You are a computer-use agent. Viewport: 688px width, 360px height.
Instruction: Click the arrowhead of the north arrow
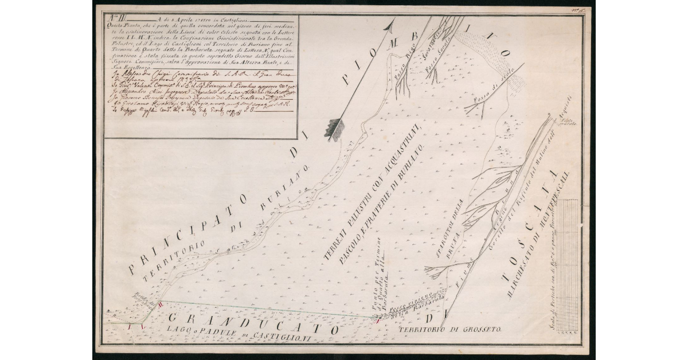[391, 25]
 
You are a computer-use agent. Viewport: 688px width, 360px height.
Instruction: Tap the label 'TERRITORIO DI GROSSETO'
[451, 330]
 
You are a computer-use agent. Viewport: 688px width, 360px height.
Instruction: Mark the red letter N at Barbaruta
[378, 320]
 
